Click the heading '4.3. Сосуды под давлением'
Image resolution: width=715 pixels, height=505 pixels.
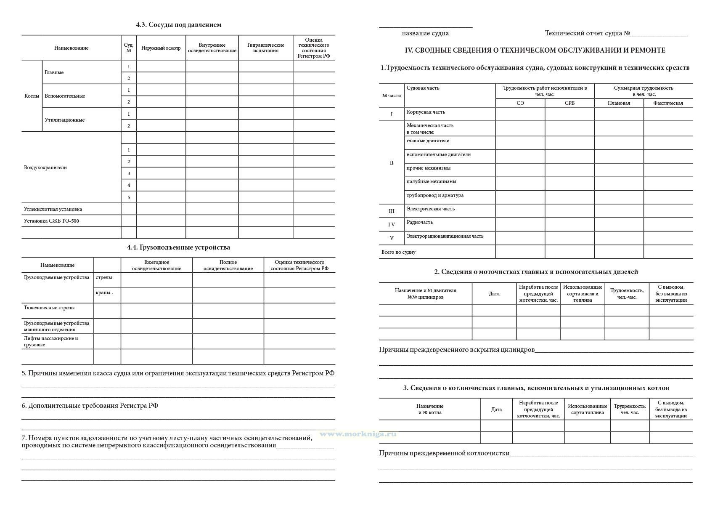[178, 25]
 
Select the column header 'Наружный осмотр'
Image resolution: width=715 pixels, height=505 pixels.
[161, 48]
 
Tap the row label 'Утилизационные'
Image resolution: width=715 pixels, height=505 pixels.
[64, 120]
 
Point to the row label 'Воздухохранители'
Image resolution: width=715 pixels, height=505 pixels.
[45, 167]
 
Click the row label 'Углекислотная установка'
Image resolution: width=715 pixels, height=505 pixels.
[53, 209]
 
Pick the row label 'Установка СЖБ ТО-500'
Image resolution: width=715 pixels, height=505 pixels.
[51, 221]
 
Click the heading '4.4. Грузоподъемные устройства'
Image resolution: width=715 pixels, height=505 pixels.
[178, 247]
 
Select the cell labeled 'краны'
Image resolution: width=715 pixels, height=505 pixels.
[104, 292]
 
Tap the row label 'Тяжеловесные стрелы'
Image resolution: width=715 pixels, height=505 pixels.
[49, 308]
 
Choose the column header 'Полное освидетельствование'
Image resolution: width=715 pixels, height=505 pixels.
[228, 266]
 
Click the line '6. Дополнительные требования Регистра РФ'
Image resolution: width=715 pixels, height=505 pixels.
[90, 406]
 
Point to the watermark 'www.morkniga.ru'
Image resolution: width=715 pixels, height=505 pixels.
[358, 434]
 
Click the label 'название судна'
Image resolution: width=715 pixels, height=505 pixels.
[425, 33]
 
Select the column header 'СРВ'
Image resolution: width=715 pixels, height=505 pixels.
[569, 103]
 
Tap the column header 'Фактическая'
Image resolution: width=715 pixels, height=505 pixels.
[668, 103]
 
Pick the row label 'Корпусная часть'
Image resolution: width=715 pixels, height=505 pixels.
[426, 112]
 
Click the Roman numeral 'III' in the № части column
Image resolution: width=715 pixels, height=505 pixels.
[392, 211]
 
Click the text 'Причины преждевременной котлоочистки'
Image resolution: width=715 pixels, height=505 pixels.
[444, 453]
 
